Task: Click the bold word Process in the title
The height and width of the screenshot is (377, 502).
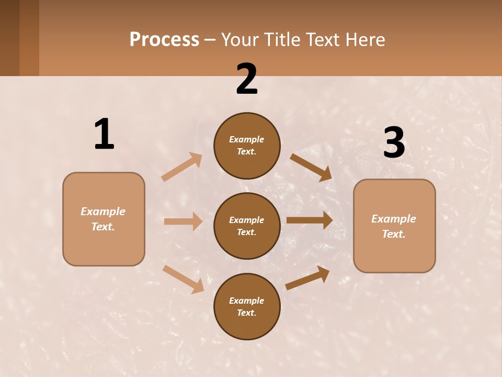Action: pos(164,40)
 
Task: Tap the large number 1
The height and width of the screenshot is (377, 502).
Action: pos(104,135)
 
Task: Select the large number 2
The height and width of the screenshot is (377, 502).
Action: pos(247,79)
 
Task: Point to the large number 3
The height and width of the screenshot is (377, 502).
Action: pos(394,142)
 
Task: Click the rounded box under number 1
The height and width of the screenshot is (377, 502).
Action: pos(104,219)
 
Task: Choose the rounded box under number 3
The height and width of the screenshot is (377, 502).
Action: pos(394,226)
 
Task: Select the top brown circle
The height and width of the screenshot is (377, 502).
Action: pos(247,146)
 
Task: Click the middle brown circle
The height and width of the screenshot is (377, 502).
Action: pos(247,226)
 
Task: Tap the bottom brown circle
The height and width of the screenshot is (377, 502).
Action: pos(247,306)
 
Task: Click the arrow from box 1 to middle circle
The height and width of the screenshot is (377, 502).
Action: pos(183,221)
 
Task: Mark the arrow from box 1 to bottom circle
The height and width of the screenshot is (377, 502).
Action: pos(183,279)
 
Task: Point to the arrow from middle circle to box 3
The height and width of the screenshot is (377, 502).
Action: pos(310,220)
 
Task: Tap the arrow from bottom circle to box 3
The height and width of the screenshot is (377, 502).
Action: pos(307,278)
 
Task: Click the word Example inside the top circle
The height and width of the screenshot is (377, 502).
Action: pos(247,139)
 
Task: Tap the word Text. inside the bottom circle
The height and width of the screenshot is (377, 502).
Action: pos(247,313)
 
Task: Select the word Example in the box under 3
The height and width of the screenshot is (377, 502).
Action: pos(394,219)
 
